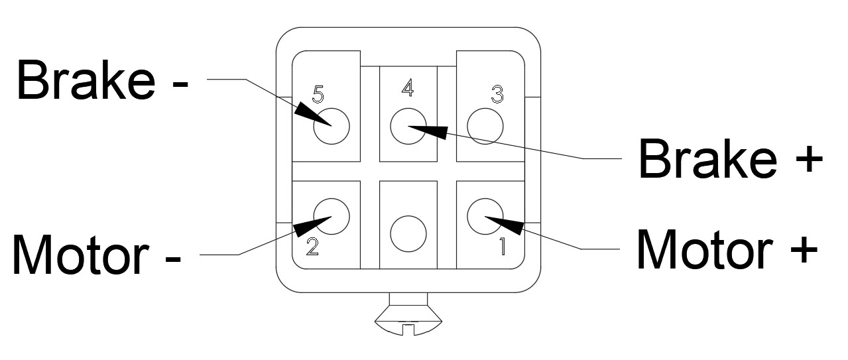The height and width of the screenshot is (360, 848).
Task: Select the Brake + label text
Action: [729, 160]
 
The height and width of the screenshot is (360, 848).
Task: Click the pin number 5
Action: [318, 95]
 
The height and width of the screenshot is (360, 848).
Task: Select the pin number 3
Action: [497, 95]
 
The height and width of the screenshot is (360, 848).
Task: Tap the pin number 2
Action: [312, 247]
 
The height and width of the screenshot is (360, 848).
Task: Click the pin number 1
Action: [502, 246]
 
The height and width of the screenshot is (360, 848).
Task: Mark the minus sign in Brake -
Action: [178, 82]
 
